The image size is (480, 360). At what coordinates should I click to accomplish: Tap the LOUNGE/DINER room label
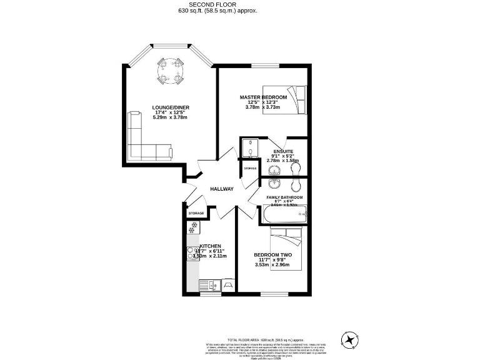[171, 107]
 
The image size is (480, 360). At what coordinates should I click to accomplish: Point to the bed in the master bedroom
[285, 99]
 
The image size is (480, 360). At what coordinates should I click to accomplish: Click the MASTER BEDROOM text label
[264, 97]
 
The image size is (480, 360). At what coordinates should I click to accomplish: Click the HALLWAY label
[221, 189]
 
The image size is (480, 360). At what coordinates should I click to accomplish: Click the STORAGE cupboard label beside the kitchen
[196, 213]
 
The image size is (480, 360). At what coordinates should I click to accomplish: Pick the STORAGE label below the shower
[250, 169]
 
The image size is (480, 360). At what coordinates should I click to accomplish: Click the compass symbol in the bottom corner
[351, 339]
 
